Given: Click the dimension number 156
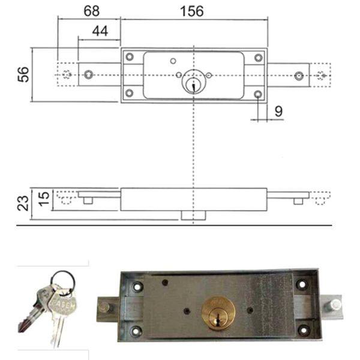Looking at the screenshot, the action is click(x=192, y=11).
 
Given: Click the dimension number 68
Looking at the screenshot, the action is click(x=92, y=11).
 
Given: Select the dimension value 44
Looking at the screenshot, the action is click(x=100, y=31).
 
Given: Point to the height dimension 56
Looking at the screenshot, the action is click(x=23, y=74).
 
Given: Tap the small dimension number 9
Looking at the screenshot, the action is click(x=278, y=112).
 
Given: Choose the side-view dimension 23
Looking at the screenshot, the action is click(x=23, y=203).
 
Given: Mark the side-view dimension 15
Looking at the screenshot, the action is click(x=44, y=199).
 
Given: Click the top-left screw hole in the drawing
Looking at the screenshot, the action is click(x=130, y=57).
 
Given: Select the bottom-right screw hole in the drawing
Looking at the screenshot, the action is click(x=258, y=94).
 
